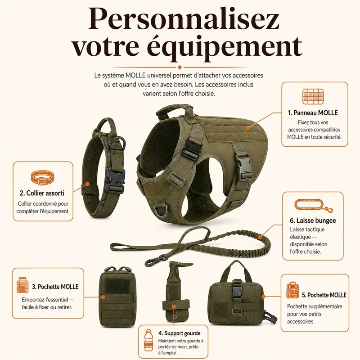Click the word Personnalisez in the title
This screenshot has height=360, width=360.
pos(184,22)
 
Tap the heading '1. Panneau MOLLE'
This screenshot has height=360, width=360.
pos(313,113)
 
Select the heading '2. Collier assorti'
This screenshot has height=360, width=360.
pos(42,193)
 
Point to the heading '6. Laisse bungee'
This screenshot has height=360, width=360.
pos(313,220)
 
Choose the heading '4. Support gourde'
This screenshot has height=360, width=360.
pos(179,333)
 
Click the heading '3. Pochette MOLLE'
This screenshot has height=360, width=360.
pos(55,287)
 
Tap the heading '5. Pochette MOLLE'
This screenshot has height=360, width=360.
pos(324,295)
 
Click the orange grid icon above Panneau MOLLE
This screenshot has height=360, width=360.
pos(313,96)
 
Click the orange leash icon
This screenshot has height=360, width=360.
pos(313,205)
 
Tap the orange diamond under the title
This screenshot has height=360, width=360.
pos(180,67)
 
